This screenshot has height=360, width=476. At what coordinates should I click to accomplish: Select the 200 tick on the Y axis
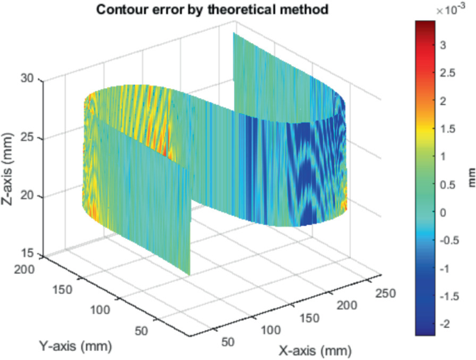click(26, 269)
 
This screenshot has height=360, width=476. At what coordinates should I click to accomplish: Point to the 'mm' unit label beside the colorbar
click(468, 176)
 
